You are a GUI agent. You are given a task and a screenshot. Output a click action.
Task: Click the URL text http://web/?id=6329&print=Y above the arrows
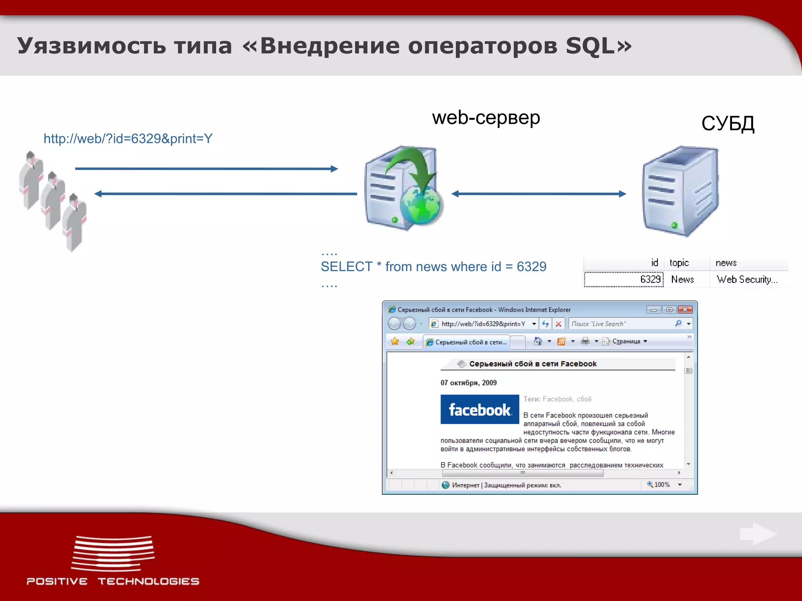(x=128, y=139)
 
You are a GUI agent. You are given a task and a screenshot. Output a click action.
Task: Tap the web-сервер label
(x=486, y=117)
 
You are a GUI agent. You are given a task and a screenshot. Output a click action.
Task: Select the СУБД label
(x=728, y=124)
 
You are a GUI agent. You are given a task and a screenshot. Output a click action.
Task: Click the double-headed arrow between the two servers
(x=538, y=194)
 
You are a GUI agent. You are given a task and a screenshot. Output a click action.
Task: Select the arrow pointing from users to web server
(x=206, y=169)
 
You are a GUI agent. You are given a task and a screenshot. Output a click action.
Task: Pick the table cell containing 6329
(x=650, y=279)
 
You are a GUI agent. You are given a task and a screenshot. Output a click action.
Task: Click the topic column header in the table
(x=679, y=263)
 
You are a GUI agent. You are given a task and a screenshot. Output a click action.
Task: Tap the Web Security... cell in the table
(x=747, y=279)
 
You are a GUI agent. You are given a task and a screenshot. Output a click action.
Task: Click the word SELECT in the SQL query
(x=346, y=266)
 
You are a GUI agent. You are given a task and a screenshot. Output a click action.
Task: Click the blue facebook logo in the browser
(x=480, y=409)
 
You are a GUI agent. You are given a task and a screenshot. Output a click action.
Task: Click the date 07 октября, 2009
(x=468, y=383)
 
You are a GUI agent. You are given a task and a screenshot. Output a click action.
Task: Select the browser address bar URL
(x=483, y=324)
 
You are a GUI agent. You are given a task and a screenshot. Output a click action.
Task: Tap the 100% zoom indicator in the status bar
(x=661, y=484)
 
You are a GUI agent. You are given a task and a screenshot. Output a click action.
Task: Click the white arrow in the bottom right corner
(x=758, y=534)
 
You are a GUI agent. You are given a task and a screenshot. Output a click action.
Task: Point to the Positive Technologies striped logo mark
(x=113, y=552)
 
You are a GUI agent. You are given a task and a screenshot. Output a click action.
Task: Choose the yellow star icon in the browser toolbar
(x=395, y=342)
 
